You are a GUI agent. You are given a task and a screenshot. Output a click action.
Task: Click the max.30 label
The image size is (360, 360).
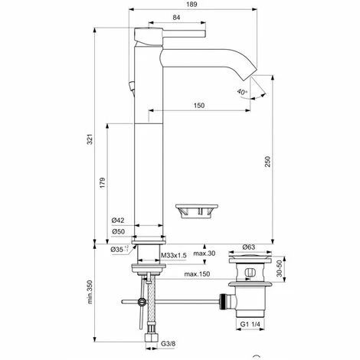pos(203,253)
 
